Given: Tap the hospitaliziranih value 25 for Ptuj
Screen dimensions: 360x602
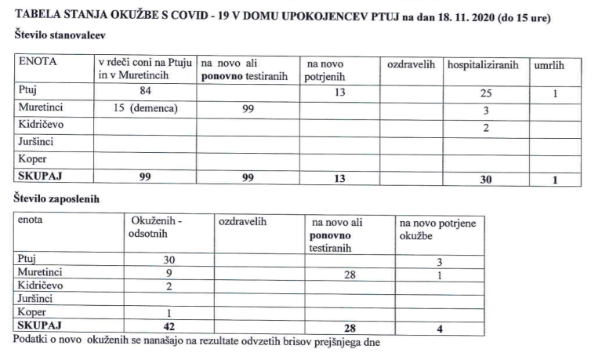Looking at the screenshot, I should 485,95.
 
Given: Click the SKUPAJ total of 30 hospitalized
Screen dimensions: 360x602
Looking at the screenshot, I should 485,179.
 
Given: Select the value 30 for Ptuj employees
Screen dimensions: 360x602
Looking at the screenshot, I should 167,260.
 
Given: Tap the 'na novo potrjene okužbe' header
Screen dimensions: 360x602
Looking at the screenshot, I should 436,228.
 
